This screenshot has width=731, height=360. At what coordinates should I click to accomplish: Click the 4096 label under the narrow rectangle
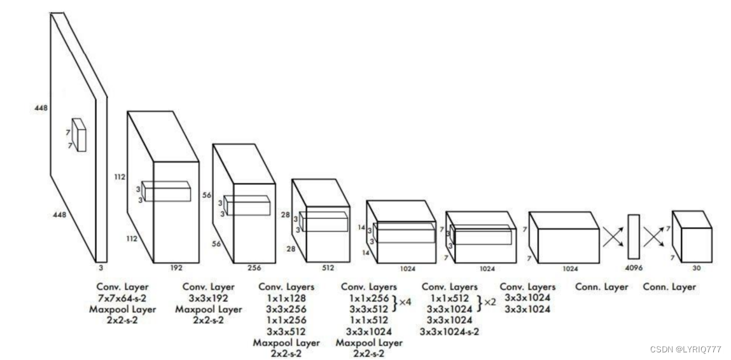(x=633, y=268)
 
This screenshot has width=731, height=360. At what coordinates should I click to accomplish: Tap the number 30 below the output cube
(x=696, y=268)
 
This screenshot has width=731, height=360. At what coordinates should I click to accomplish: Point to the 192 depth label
(x=176, y=268)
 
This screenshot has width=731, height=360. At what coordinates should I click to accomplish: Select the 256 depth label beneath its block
(x=254, y=268)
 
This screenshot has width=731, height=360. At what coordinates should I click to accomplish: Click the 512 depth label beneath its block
(x=328, y=268)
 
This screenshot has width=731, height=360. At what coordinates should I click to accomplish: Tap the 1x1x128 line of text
(x=286, y=298)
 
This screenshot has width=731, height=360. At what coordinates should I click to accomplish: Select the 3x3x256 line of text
(x=286, y=309)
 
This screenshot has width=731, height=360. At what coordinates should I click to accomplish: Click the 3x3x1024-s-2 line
(x=449, y=331)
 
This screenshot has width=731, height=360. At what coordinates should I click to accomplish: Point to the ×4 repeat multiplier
(x=405, y=302)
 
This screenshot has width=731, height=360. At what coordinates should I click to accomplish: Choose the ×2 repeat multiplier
(x=490, y=302)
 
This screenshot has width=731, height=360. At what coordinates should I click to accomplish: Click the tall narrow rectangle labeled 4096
(x=633, y=238)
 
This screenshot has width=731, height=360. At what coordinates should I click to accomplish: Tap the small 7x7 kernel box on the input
(x=79, y=135)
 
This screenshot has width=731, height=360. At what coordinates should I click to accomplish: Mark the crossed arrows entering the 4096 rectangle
(x=613, y=238)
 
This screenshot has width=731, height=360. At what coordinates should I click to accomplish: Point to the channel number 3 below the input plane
(x=101, y=268)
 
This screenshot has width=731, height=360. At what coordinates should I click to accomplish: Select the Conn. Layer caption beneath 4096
(x=601, y=287)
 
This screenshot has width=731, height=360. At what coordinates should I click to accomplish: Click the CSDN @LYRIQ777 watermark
(x=686, y=349)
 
